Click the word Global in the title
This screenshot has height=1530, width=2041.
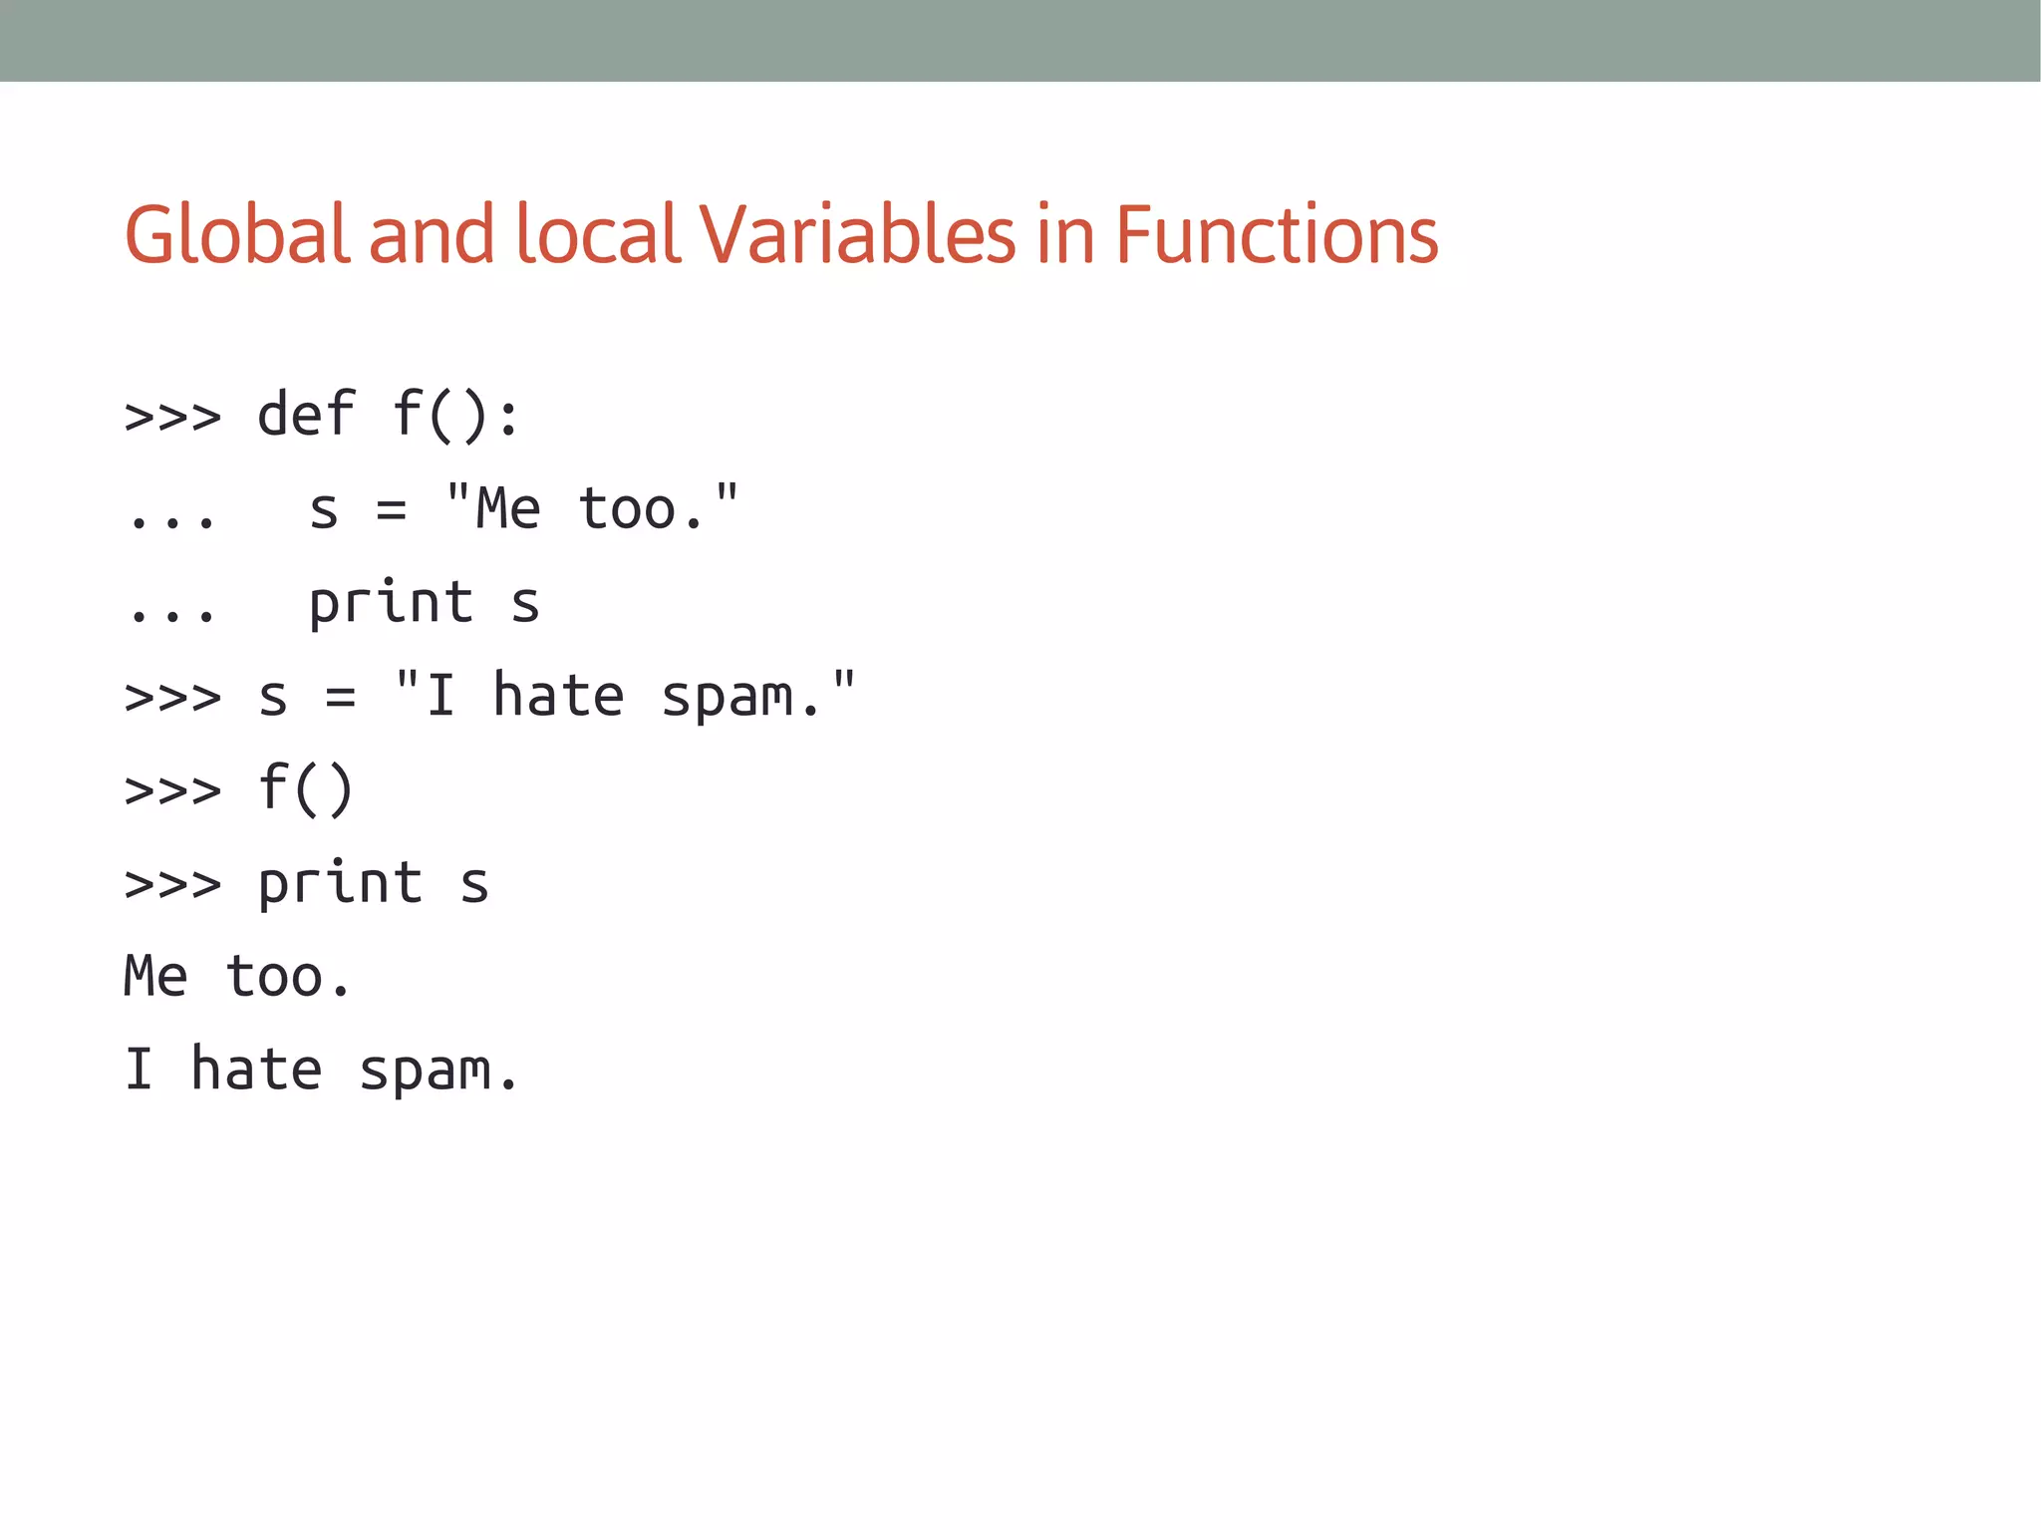237,234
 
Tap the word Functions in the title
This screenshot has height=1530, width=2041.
1277,234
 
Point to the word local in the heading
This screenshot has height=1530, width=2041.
598,234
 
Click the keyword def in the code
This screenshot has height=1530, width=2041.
306,414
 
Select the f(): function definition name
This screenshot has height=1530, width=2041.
455,414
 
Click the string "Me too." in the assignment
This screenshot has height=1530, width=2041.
592,507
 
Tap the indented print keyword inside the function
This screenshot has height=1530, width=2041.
391,603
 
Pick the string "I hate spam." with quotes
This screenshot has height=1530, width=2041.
625,695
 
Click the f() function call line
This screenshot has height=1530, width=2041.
306,788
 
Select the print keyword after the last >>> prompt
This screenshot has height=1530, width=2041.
341,883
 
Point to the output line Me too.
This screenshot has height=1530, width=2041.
237,976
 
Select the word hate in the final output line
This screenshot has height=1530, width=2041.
256,1070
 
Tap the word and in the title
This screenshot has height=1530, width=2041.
432,234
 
